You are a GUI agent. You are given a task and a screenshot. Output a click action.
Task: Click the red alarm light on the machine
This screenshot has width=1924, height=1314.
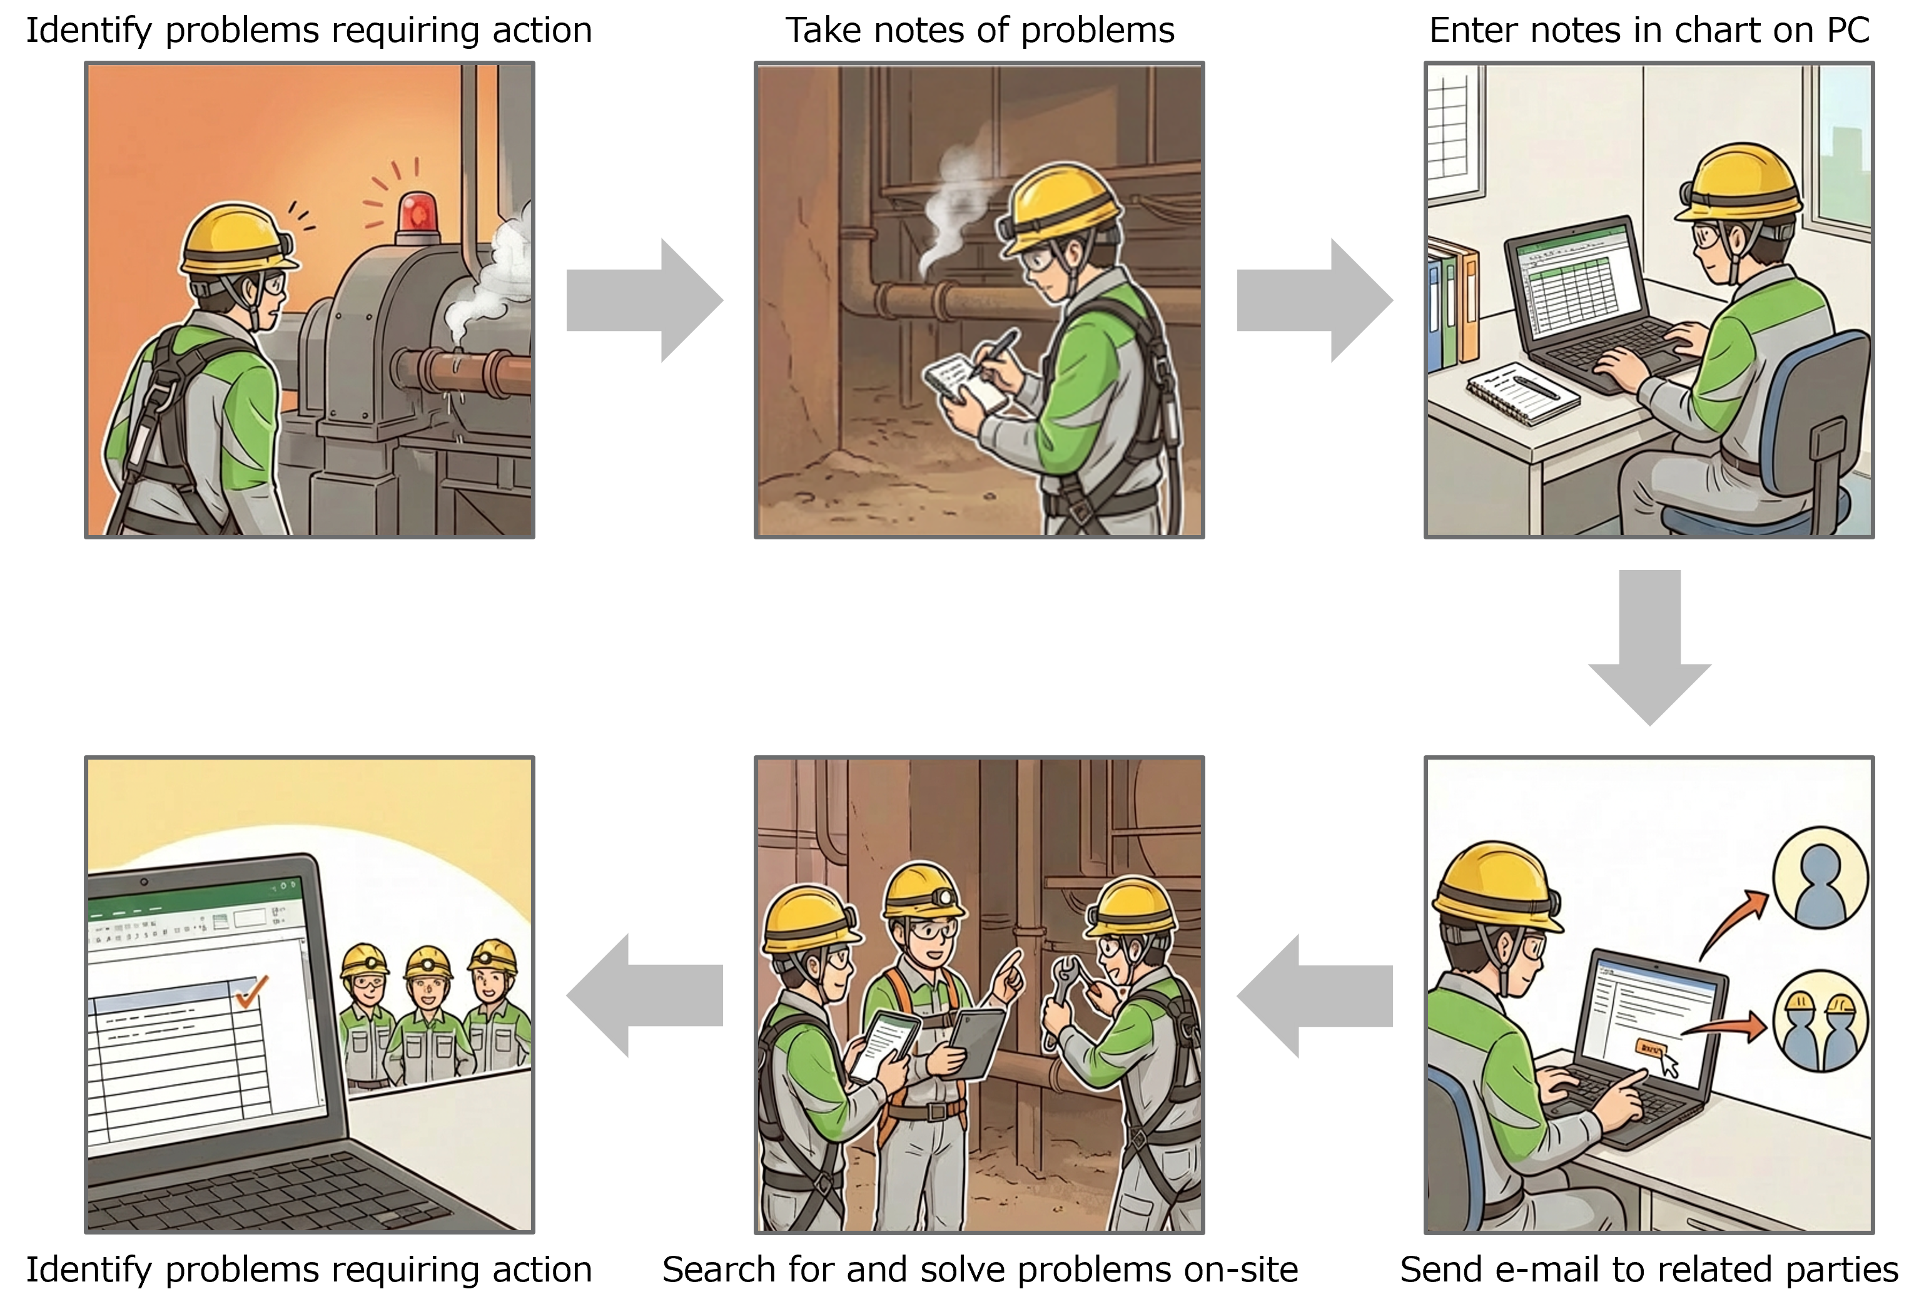pos(417,213)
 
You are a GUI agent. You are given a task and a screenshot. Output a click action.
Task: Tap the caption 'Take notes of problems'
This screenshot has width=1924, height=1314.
pos(980,31)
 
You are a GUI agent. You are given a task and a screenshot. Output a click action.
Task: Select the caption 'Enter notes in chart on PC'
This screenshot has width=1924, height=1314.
pos(1649,31)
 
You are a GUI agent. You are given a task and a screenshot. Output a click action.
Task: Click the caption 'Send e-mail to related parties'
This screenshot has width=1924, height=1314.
pos(1649,1270)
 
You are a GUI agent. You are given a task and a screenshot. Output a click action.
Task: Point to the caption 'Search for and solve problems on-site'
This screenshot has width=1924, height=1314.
pos(980,1270)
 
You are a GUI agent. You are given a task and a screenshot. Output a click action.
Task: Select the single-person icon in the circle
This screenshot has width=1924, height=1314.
pos(1820,879)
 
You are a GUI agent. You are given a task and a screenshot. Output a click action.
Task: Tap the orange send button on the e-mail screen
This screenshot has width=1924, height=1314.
pos(1649,1049)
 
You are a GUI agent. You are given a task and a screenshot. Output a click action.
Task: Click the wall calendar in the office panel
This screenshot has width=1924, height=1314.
pos(1453,133)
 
